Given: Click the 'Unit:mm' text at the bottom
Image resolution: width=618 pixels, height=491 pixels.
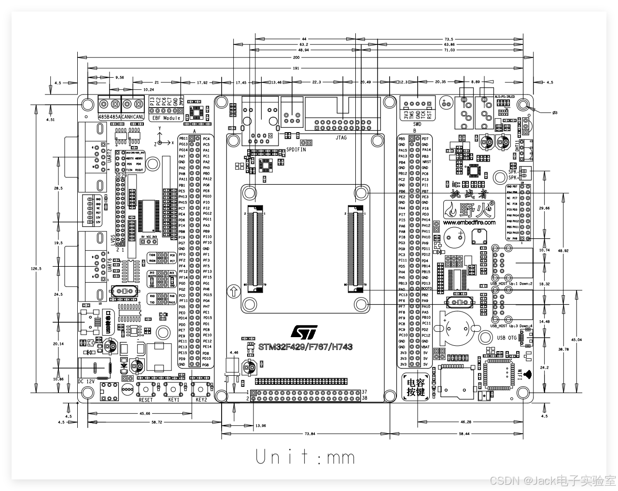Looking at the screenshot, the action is (305, 457).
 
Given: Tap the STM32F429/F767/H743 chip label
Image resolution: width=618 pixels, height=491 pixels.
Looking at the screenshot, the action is (305, 347).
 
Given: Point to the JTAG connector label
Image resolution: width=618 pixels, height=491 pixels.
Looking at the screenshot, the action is (340, 137).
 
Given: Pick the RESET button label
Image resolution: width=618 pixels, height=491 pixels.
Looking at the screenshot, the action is (146, 400).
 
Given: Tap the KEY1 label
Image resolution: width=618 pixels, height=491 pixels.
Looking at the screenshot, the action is (174, 400).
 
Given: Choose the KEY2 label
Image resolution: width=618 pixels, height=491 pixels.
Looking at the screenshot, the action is (201, 400).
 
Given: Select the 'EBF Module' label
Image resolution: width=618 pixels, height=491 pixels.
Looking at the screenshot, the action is (166, 118).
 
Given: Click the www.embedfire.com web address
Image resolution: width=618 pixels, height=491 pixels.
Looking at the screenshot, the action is (469, 223).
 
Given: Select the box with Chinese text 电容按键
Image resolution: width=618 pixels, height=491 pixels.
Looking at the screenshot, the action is (415, 387).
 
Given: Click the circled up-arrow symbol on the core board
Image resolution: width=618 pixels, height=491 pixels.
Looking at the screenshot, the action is (234, 291).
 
